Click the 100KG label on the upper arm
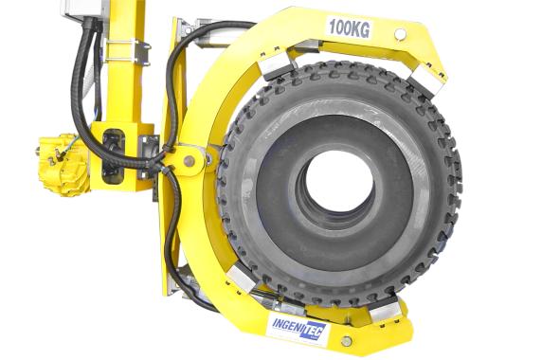[349, 27]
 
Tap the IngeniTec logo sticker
[297, 326]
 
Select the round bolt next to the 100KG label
[401, 34]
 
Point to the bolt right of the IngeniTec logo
[346, 340]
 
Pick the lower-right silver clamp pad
[385, 309]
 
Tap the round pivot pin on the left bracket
[190, 160]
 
